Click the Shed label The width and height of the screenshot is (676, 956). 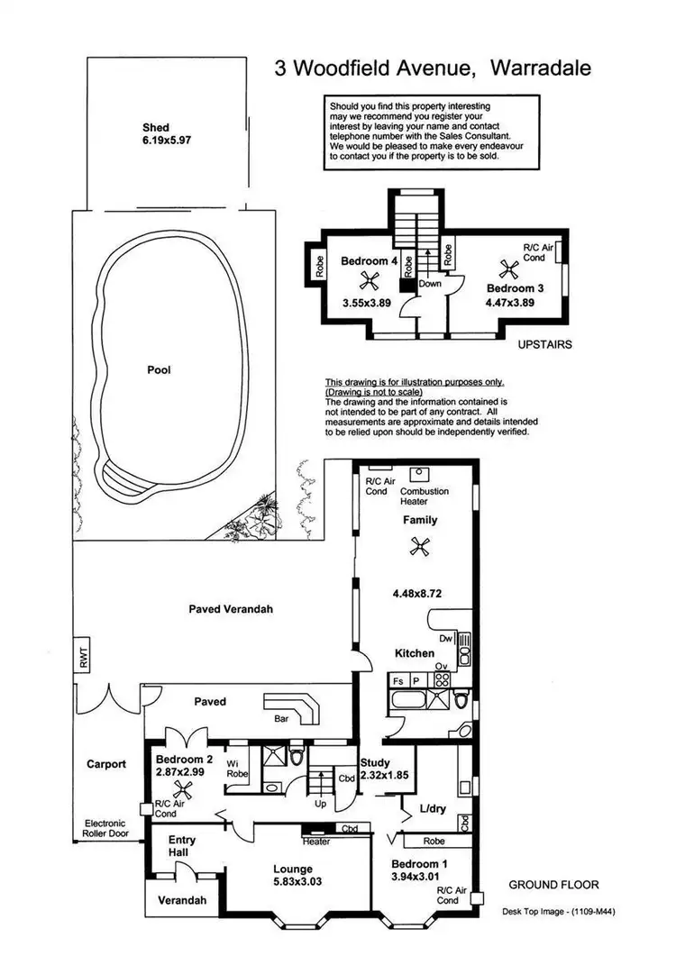[156, 127]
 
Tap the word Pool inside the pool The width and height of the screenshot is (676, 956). [159, 369]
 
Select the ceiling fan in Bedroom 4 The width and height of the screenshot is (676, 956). [366, 280]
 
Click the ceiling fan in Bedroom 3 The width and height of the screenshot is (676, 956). [506, 268]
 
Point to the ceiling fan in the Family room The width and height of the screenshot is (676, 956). [417, 545]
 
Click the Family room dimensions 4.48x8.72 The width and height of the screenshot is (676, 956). [416, 594]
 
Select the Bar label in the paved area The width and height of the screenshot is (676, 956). [281, 719]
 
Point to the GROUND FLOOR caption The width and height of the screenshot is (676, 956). [553, 885]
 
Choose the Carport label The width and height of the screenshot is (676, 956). [106, 764]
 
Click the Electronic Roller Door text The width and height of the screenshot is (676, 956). [105, 829]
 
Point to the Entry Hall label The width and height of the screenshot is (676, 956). [183, 846]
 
